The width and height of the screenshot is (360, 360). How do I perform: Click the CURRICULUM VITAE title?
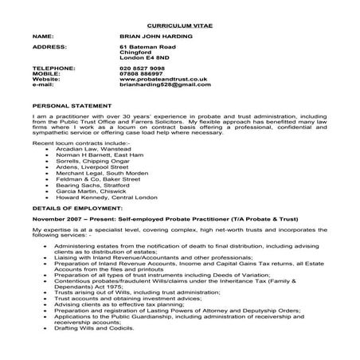[181, 25]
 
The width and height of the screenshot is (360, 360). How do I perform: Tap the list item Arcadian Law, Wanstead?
[84, 148]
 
